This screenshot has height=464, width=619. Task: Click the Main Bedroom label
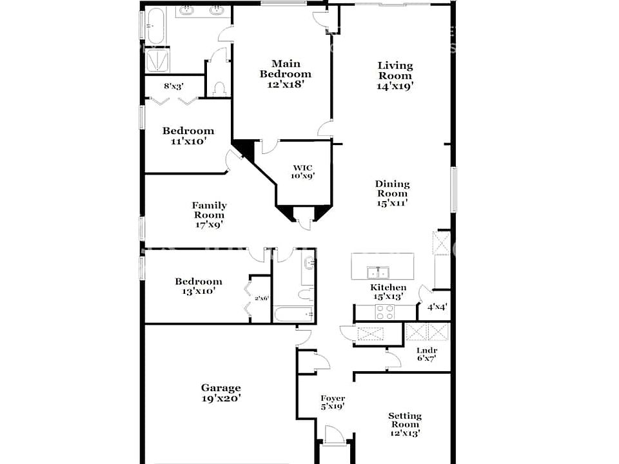point(286,69)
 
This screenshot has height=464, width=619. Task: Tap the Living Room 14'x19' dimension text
point(395,86)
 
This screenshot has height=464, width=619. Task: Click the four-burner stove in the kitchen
point(385,313)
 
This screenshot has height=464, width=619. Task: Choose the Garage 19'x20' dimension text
point(221,398)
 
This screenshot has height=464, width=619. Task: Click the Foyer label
point(333,398)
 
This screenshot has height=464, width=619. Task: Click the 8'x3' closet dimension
point(173,86)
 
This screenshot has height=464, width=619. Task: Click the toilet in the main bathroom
point(219,88)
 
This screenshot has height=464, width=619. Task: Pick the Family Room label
point(209,206)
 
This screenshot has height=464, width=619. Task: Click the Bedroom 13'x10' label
point(198,282)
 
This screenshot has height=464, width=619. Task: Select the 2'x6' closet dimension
point(261,298)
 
